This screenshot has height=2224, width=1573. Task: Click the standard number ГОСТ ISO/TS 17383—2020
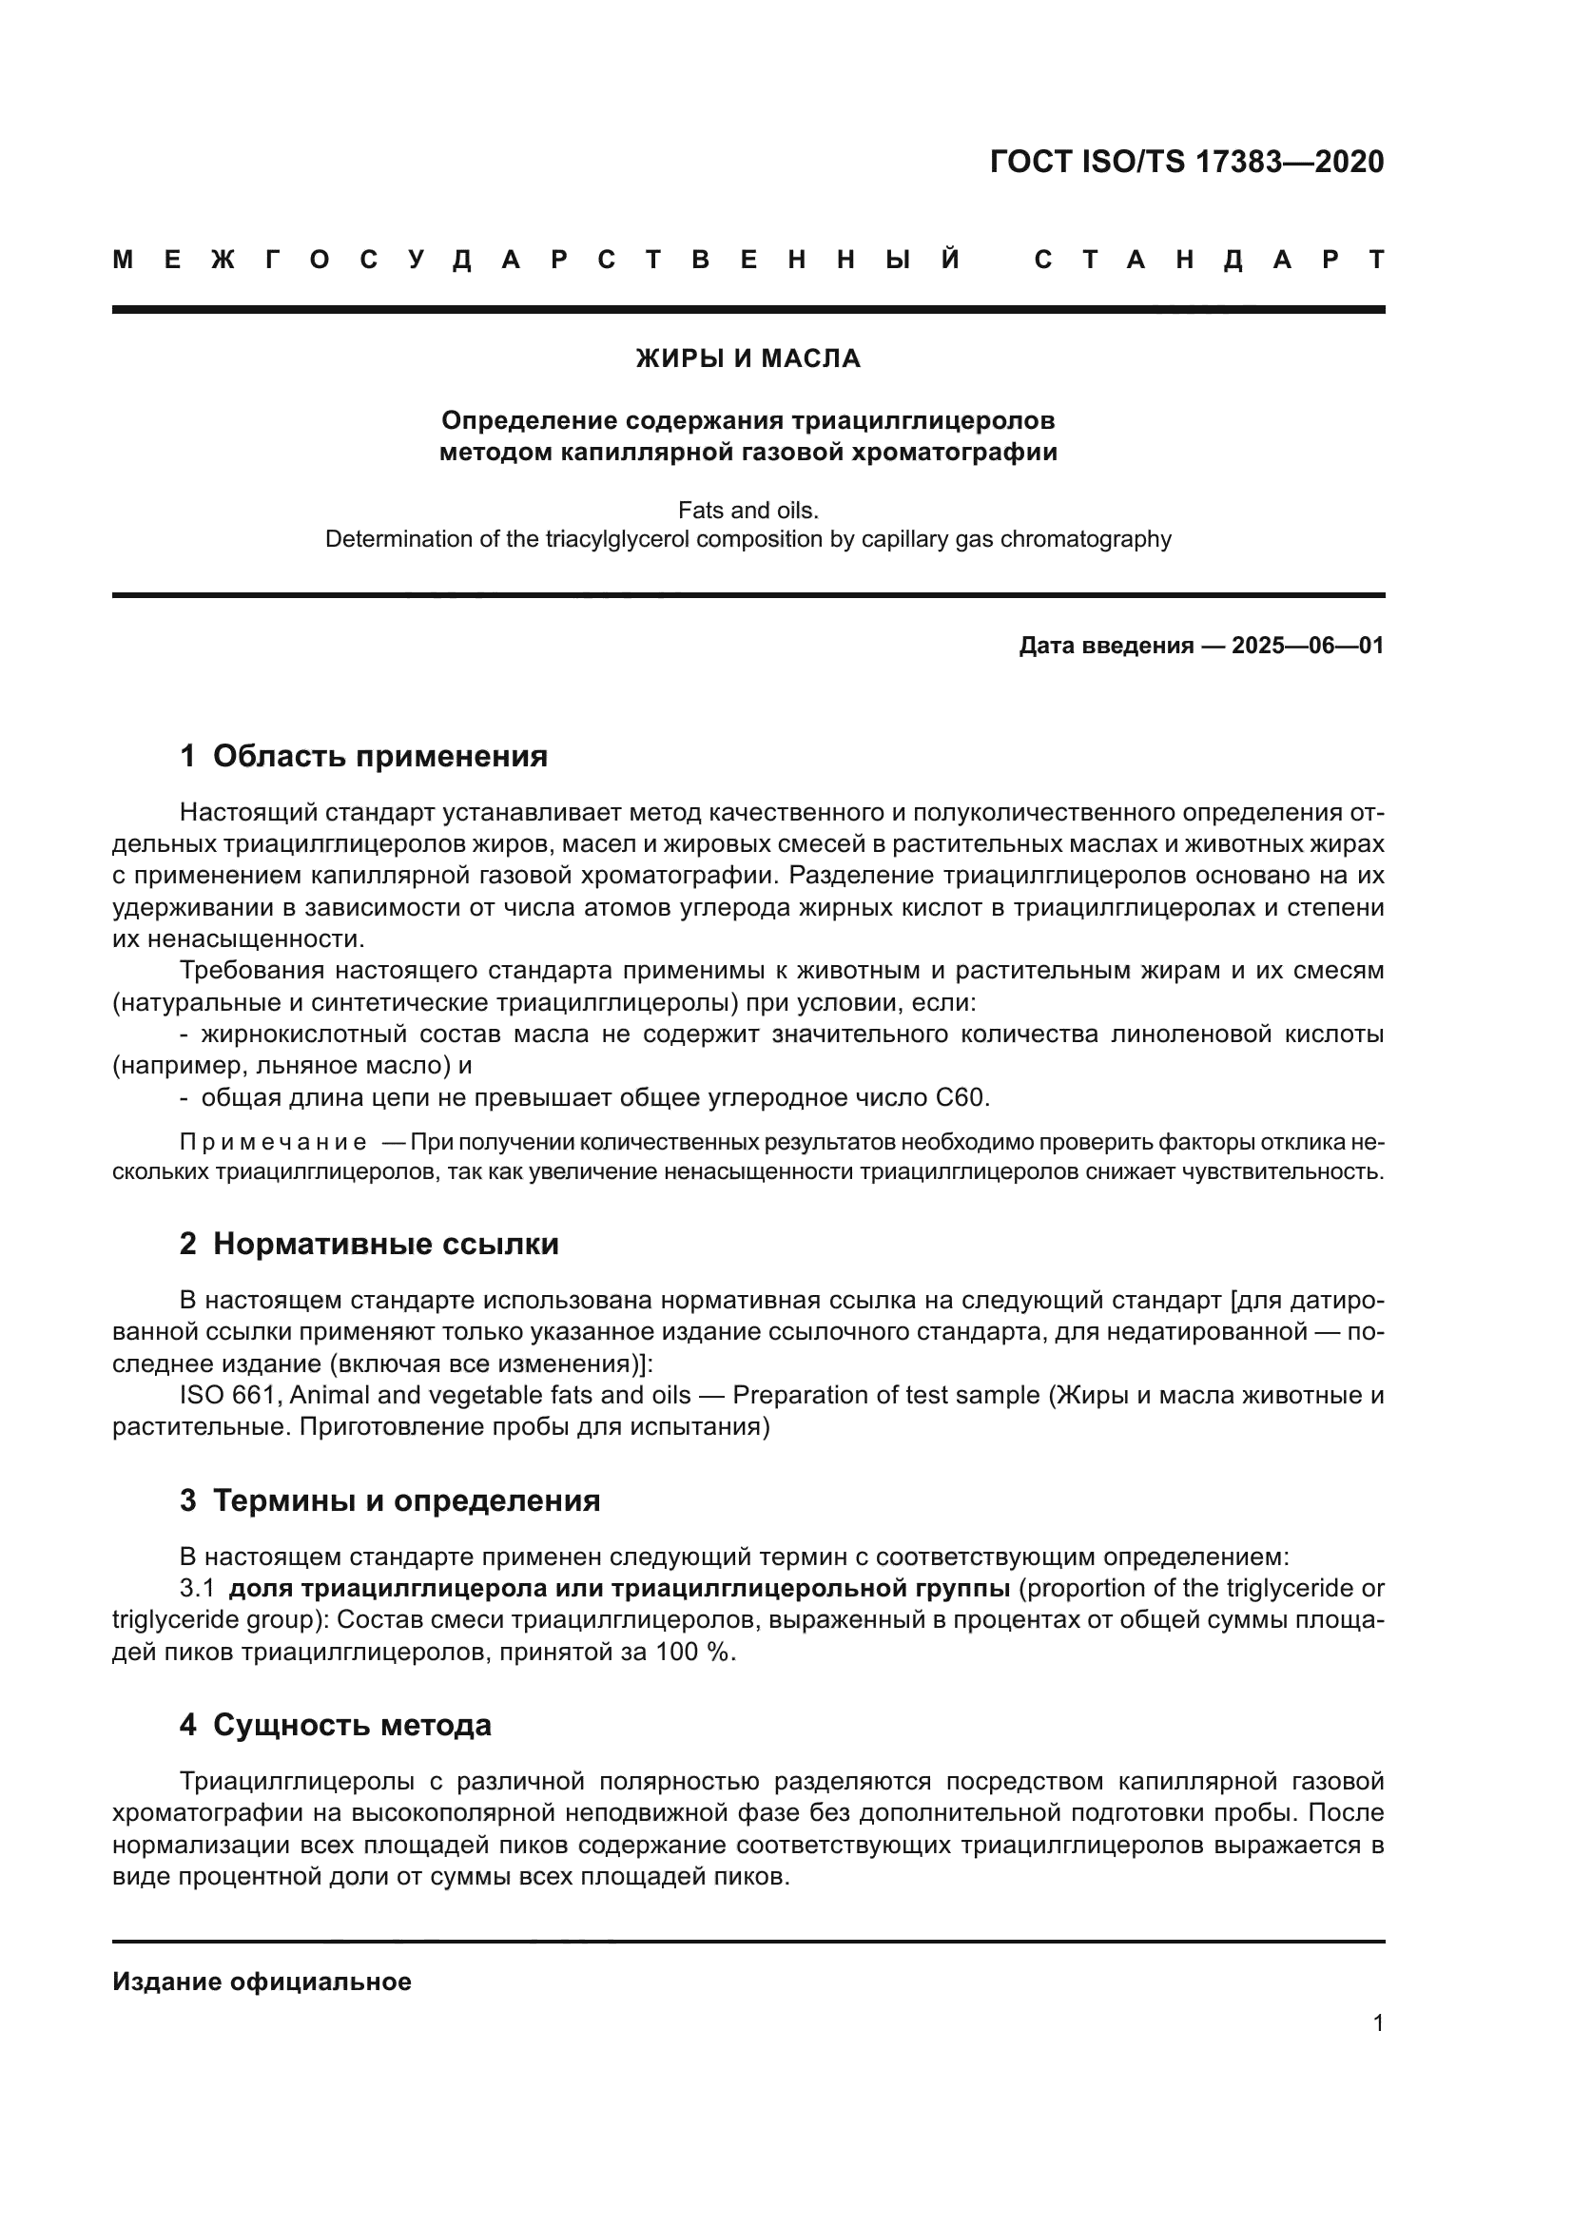1187,162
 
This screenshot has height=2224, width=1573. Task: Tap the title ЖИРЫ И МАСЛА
748,358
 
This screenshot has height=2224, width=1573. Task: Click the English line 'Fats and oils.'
748,510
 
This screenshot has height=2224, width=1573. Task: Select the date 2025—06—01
1308,645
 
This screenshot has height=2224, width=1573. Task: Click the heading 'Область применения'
379,756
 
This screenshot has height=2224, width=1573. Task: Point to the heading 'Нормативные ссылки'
385,1244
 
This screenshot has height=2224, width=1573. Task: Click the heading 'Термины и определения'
406,1500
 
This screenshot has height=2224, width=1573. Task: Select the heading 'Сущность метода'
352,1724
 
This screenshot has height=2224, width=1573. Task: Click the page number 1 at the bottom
1377,2022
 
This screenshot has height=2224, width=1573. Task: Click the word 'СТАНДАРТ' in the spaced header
1209,260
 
